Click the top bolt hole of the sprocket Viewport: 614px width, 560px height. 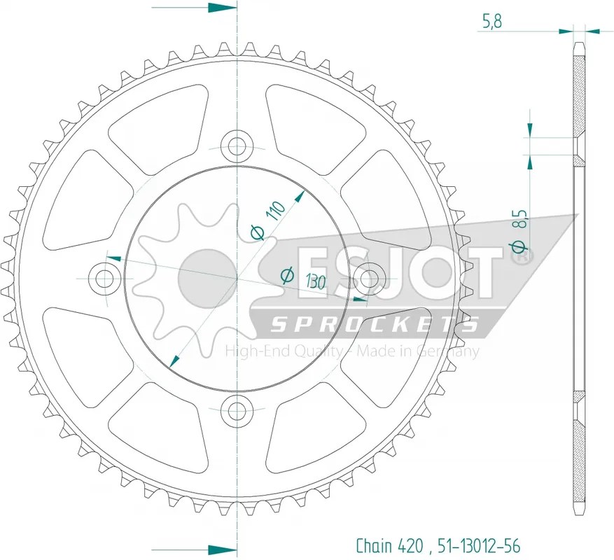tap(237, 146)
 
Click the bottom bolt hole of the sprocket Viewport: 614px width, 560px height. tap(237, 411)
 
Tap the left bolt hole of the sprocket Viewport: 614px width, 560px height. tap(104, 279)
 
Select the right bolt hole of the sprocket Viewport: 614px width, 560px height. tap(369, 279)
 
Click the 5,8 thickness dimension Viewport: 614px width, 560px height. tap(491, 21)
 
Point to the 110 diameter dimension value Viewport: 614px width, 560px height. tap(275, 211)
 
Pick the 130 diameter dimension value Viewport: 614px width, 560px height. tap(316, 281)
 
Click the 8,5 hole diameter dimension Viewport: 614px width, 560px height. tap(522, 219)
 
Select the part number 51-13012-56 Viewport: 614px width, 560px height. tap(479, 545)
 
